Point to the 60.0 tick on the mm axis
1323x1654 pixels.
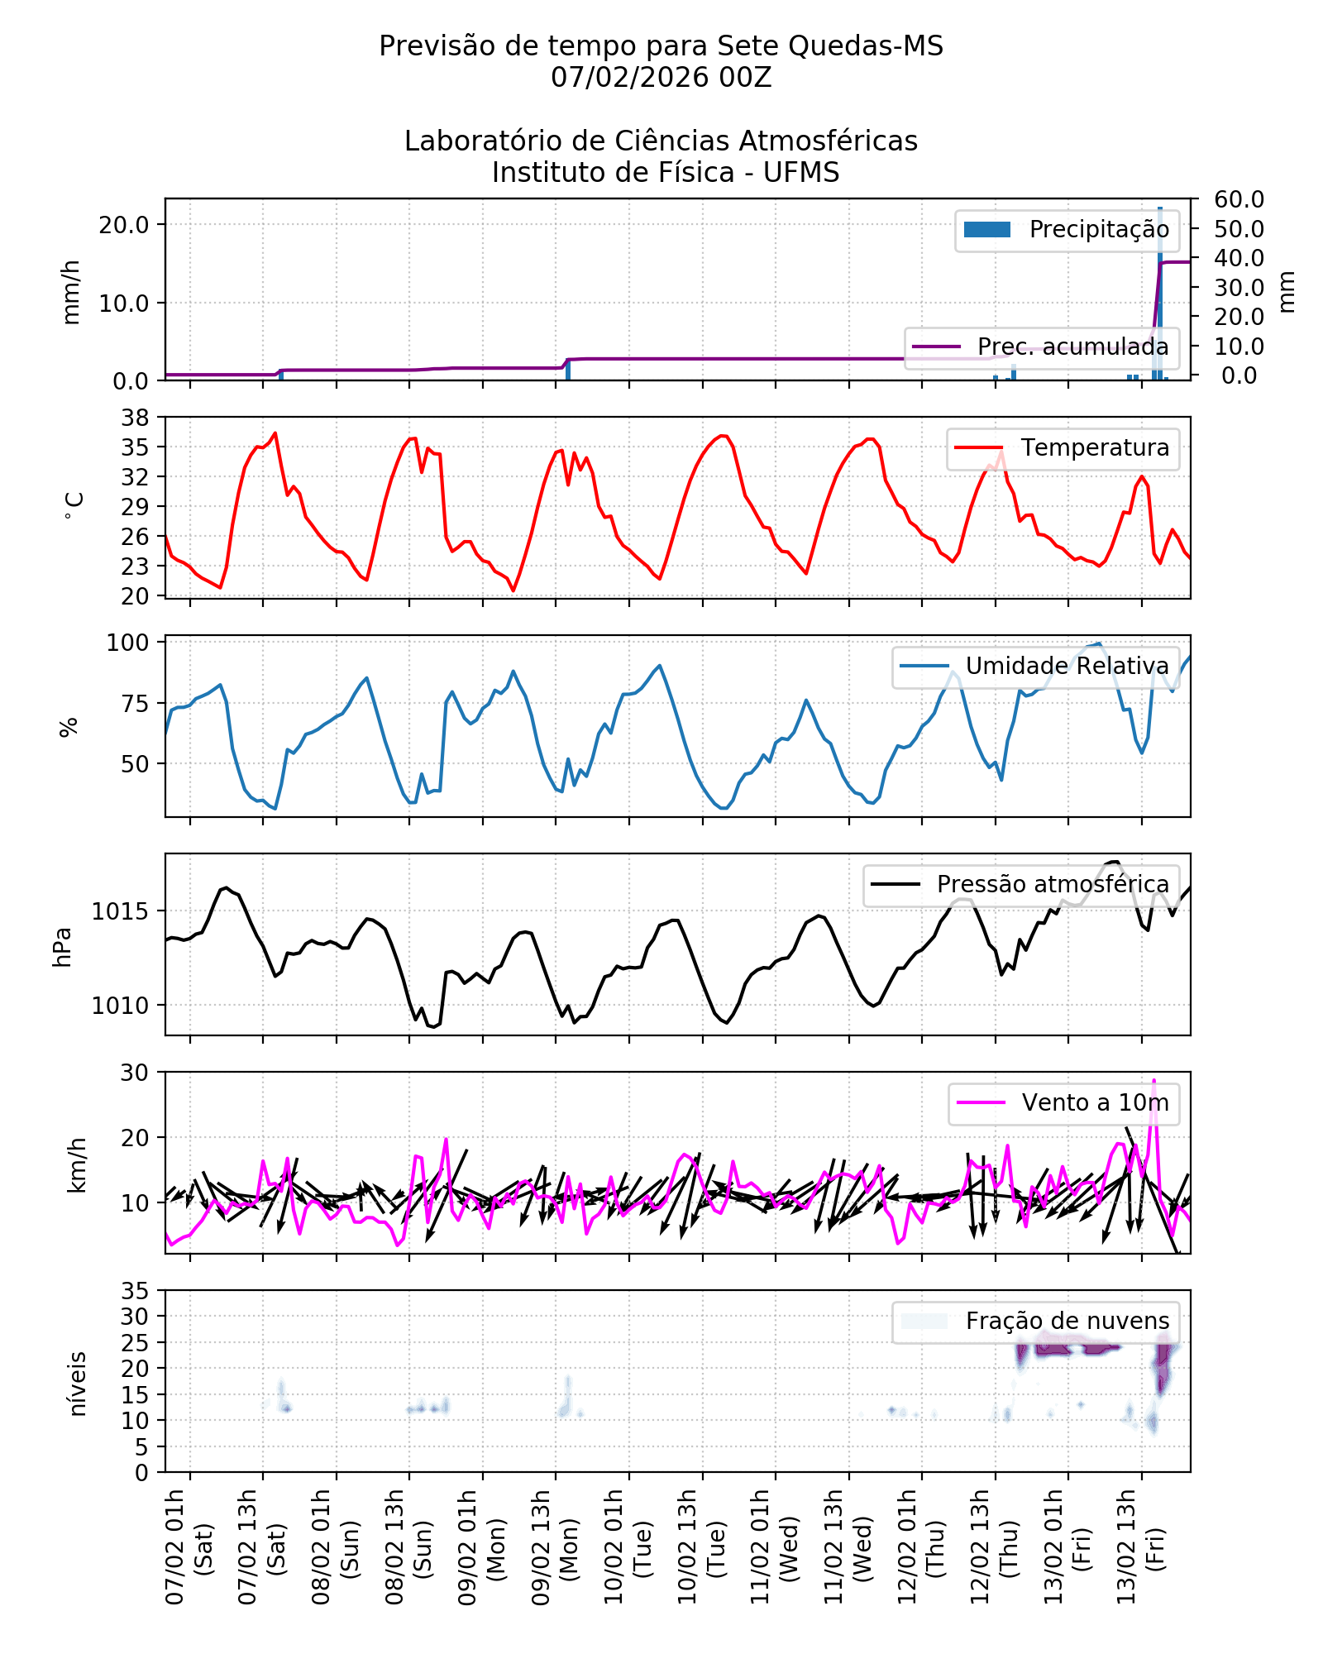point(1239,200)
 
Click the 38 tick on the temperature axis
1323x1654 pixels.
point(135,418)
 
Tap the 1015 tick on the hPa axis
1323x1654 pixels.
point(120,912)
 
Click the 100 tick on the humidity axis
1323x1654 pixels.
point(127,643)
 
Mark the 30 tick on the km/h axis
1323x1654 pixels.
point(135,1073)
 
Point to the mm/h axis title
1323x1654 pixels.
point(72,291)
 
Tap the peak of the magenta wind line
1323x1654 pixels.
point(1154,1081)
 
